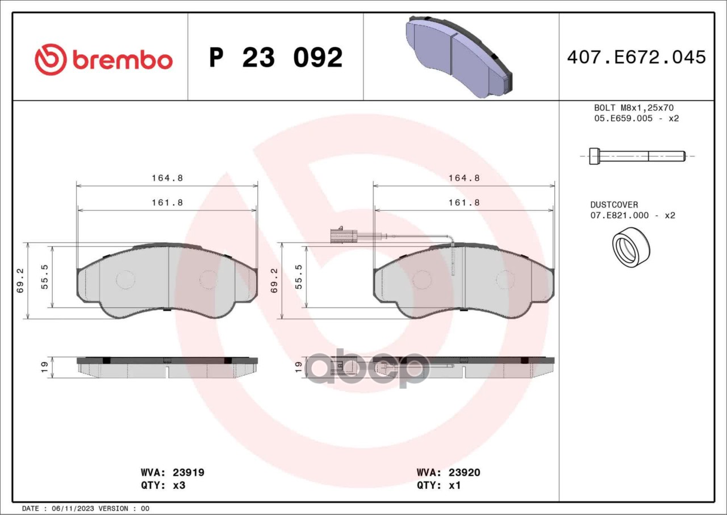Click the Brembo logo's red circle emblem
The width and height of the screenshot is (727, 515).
tap(51, 60)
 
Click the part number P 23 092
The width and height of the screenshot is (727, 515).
tap(276, 57)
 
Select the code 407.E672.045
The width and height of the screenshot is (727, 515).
tap(637, 57)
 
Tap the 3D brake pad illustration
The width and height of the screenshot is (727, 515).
tap(459, 57)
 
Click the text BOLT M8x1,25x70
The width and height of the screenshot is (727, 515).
tap(634, 108)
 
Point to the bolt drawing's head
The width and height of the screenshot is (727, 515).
tap(595, 156)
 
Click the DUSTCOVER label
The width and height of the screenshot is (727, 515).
tap(614, 205)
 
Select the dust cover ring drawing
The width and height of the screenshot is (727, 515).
tap(631, 247)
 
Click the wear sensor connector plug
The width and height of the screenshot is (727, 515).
tap(344, 236)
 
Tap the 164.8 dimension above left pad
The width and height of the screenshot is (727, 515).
tap(168, 178)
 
